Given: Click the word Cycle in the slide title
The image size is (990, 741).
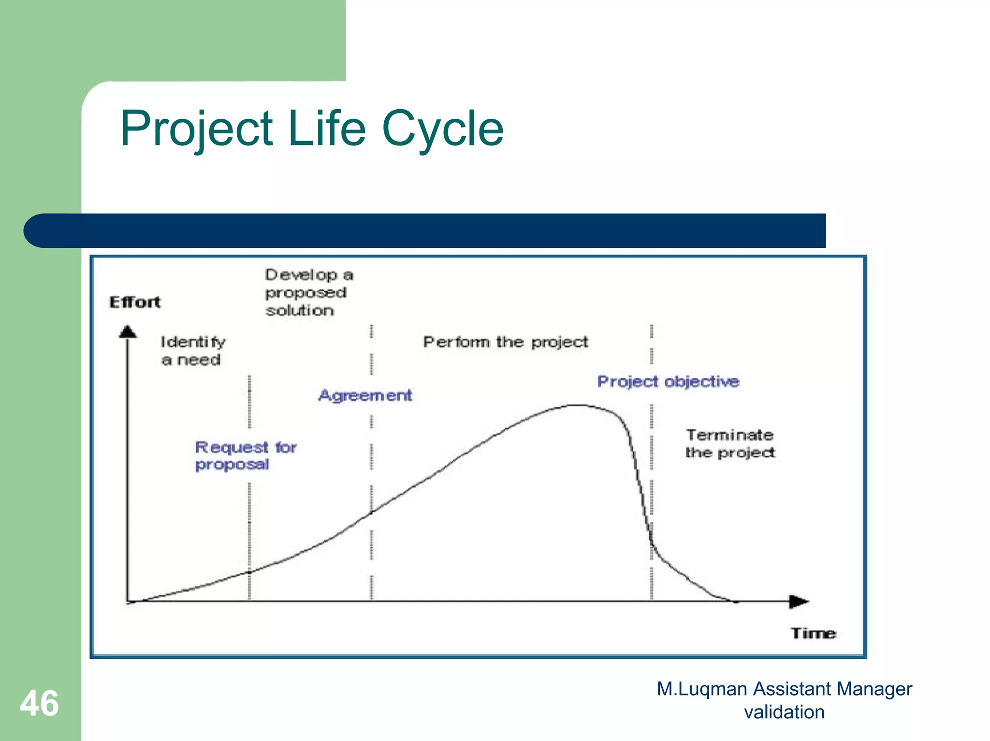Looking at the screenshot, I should point(442,128).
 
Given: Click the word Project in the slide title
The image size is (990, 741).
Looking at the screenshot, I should point(196,128).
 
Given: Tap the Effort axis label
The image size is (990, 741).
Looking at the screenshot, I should point(135,302).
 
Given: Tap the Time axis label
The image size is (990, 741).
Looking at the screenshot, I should point(813,633).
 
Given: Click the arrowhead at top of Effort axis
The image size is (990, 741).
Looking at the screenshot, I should point(128,332).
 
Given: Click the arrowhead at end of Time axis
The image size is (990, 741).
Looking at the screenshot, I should point(799,601).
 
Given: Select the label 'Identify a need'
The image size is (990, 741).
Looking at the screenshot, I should point(192,351).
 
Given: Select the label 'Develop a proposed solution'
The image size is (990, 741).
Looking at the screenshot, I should point(308,292).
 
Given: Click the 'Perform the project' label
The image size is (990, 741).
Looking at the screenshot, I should point(505,342).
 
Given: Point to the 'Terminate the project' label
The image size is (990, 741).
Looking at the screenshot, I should point(730,443).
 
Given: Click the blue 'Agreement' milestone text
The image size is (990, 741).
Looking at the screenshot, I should point(365,395).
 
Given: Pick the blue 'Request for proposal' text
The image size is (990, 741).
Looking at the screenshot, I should point(246,455).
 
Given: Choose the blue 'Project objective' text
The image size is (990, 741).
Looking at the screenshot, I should point(668,382).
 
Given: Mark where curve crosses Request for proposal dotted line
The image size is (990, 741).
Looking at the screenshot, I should point(249,572).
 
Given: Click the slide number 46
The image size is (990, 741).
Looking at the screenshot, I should point(39,703).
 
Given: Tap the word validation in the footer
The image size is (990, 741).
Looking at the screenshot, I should point(784,712).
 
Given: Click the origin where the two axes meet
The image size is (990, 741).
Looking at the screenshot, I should point(128,601).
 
